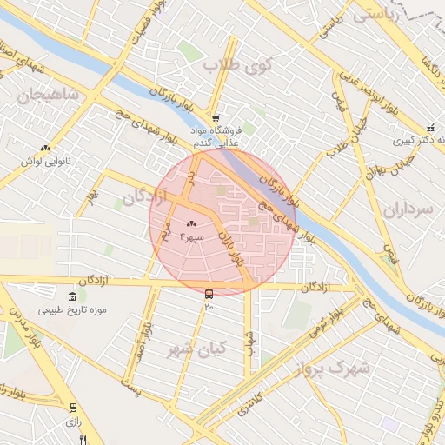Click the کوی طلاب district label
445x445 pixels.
pyautogui.click(x=238, y=64)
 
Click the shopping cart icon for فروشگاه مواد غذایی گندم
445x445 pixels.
pyautogui.click(x=216, y=118)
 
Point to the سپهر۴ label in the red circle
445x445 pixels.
pyautogui.click(x=191, y=236)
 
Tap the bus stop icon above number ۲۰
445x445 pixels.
pyautogui.click(x=209, y=294)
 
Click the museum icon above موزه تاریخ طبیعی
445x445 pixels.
pyautogui.click(x=71, y=296)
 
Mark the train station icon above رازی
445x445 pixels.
pyautogui.click(x=73, y=407)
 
